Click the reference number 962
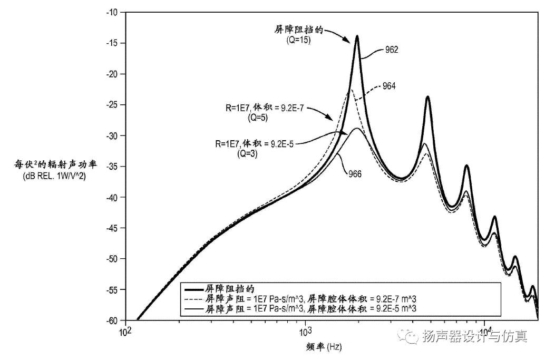coord(391,50)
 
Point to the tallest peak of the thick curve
coord(357,36)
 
